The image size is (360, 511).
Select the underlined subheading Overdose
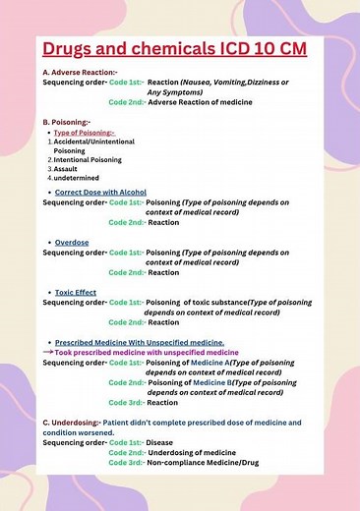[x=72, y=242]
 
